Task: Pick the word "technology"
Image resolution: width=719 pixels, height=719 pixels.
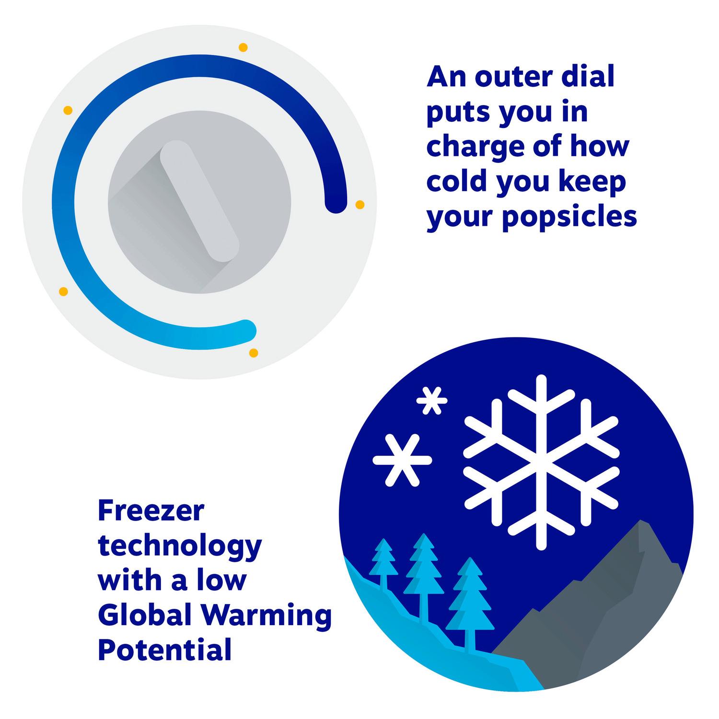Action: (x=180, y=547)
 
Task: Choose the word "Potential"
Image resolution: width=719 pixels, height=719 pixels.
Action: (x=165, y=649)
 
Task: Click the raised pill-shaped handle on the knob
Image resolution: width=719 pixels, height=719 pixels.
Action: (x=199, y=201)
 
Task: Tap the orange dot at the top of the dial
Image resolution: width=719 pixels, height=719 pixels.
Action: (x=243, y=47)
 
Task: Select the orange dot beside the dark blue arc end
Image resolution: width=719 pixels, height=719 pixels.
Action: (x=359, y=205)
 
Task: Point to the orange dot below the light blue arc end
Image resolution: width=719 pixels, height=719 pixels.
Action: (x=254, y=353)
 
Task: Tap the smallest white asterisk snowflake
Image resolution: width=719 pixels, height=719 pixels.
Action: (x=432, y=399)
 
